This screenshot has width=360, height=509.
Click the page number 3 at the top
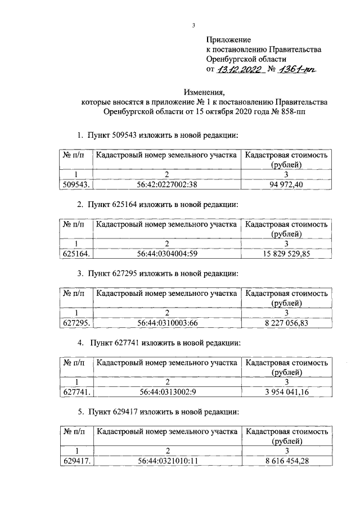coord(193,25)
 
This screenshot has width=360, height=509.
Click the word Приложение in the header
coord(228,39)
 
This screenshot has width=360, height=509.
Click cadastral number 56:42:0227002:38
coord(166,184)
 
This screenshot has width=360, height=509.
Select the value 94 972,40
coord(286,184)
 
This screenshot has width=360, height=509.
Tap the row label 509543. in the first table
coord(76,184)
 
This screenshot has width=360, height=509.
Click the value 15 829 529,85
coord(286,254)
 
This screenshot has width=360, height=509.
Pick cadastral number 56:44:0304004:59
coord(166,254)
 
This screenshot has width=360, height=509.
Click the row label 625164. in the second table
coord(76,254)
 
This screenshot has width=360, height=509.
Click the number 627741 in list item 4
coord(130,342)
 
